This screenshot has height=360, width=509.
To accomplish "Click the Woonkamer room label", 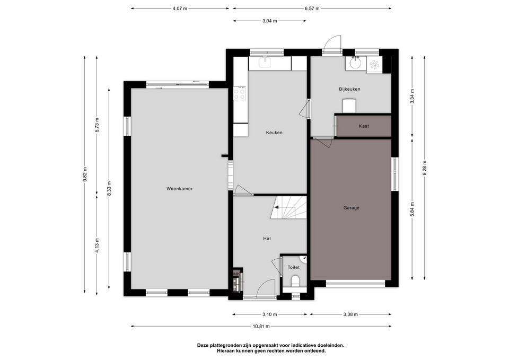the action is [180, 189].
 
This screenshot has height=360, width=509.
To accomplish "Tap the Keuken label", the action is [274, 133].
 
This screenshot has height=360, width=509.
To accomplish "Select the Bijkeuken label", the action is [349, 89].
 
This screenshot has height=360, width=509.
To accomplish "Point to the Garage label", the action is [351, 208].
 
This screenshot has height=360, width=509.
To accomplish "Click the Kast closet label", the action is [364, 126].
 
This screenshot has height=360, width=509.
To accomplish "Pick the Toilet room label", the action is [293, 267].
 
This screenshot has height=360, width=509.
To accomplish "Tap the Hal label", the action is [267, 239].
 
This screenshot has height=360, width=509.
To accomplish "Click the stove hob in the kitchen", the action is [240, 93].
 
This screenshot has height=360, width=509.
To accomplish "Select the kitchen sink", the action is [265, 62].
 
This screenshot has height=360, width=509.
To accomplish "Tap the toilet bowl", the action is [295, 281].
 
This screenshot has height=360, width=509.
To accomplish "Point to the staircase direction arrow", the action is [276, 207].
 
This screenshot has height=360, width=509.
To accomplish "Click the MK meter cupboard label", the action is [236, 274].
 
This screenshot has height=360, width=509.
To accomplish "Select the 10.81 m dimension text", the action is [261, 326].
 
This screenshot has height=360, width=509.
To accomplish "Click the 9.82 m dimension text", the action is [85, 175].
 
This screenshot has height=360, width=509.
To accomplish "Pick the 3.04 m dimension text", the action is [269, 21].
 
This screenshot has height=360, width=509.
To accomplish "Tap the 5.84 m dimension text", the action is [413, 210].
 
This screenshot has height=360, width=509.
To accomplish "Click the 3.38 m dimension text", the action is [350, 314].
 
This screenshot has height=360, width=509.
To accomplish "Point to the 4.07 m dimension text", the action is [180, 9].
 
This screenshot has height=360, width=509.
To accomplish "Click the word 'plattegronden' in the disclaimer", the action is [224, 345].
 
